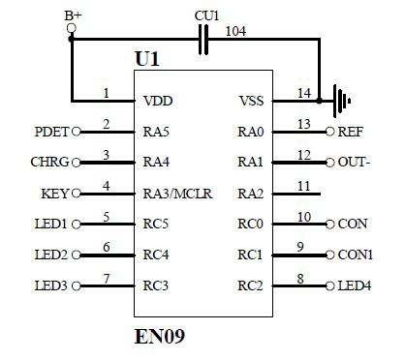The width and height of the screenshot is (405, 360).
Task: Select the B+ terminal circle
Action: point(71,29)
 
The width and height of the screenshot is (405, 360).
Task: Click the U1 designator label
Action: point(146,60)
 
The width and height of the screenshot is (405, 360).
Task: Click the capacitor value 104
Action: point(235,30)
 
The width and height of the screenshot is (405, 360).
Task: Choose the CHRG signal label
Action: point(49,163)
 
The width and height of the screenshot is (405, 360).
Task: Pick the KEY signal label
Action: point(54,194)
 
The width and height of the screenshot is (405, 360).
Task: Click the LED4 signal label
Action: point(354,286)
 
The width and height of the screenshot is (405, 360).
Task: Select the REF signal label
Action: point(350,132)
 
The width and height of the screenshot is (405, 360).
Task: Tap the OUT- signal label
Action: point(354,163)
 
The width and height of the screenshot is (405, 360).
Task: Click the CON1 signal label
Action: point(356,255)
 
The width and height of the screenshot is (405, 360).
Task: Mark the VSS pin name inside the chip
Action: point(251,101)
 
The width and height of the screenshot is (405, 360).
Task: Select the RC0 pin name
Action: point(250,225)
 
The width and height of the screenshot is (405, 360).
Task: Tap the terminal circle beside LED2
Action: point(77,255)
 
